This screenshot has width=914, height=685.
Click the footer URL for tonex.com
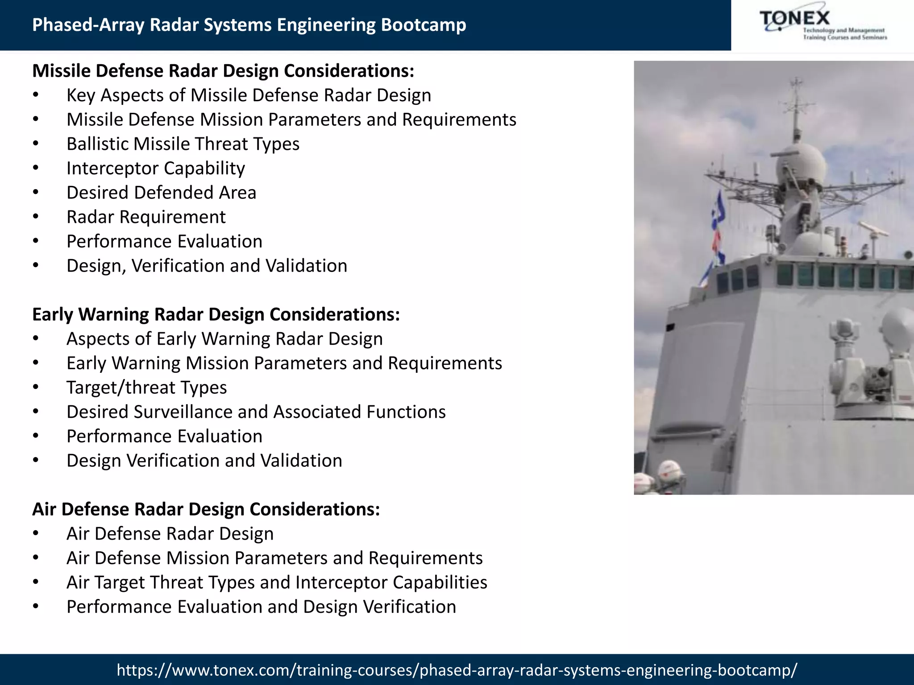457,669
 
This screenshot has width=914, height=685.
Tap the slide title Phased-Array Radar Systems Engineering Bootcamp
249,25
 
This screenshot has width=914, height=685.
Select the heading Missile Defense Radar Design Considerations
223,71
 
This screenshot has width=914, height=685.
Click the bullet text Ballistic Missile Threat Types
183,144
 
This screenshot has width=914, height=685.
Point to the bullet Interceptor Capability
156,169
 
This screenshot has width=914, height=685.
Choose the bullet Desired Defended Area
161,193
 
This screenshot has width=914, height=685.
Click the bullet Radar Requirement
146,217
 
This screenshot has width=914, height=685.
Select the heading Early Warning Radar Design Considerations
216,314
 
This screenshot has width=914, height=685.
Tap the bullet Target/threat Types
146,388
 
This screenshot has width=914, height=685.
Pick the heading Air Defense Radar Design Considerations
206,509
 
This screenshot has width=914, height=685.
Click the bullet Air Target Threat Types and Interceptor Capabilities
277,582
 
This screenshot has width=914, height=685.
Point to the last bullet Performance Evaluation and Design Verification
261,607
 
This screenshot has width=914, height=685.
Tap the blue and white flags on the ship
717,232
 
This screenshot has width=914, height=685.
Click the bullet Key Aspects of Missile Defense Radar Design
249,95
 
